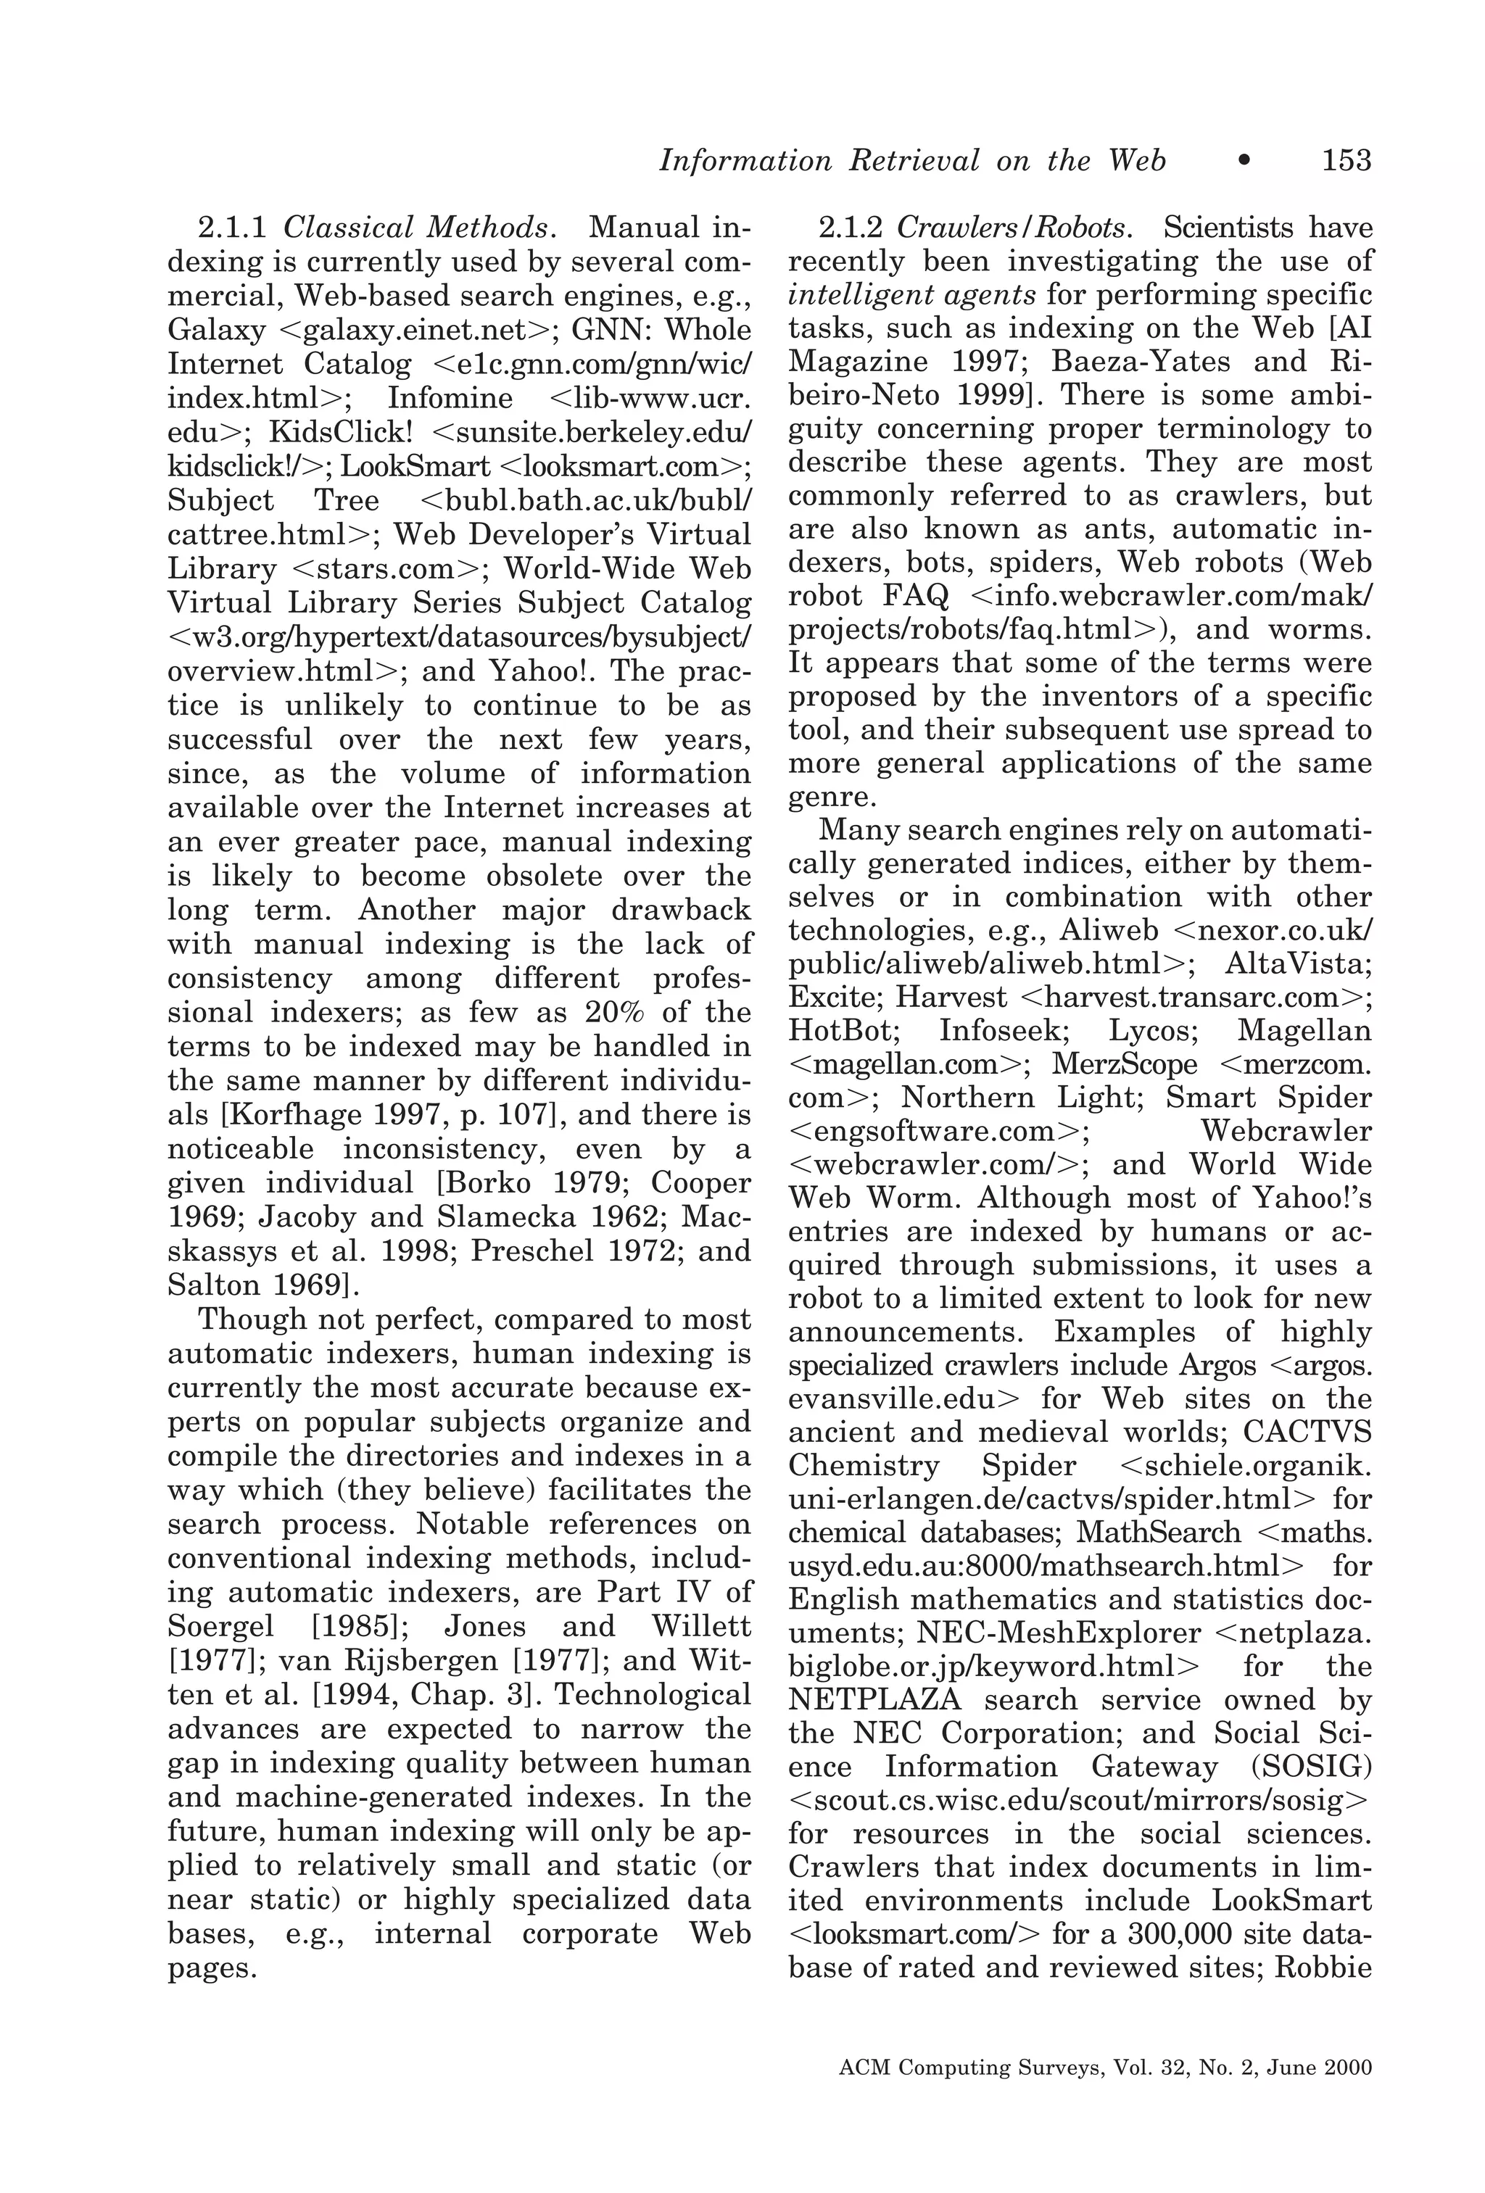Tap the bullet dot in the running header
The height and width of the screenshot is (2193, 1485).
1244,162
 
